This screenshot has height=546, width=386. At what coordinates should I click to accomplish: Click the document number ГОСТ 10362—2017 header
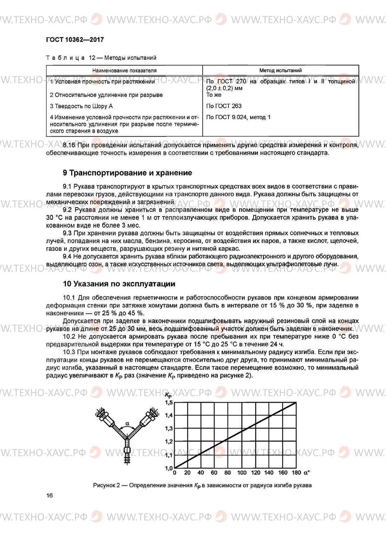tap(75, 40)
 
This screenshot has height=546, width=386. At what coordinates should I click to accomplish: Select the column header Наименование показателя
tap(124, 71)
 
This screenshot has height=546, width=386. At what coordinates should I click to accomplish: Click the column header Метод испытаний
tap(280, 71)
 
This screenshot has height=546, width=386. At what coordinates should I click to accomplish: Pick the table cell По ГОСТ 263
tap(224, 106)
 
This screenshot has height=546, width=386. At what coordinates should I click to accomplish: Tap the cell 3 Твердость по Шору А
tap(81, 106)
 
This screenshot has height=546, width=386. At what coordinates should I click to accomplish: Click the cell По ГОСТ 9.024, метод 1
tap(238, 117)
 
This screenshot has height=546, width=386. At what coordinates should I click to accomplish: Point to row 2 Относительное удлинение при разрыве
tap(106, 95)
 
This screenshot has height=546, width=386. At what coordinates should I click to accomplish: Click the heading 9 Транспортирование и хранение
tap(127, 173)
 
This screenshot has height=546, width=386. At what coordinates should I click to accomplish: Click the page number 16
tap(49, 496)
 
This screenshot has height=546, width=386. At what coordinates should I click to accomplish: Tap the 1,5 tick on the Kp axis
tap(168, 403)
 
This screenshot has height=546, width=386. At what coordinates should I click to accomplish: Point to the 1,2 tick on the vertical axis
tap(168, 441)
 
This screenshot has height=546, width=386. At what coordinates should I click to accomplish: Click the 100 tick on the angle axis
tap(242, 473)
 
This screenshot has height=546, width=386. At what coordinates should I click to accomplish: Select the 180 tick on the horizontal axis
tap(296, 473)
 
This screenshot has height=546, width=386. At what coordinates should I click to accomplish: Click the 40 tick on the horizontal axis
tap(201, 473)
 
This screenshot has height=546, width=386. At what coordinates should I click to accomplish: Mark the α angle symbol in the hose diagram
tap(127, 423)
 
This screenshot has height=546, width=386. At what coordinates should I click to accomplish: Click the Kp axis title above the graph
tap(168, 395)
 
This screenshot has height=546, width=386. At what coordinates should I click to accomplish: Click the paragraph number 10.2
tap(69, 337)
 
